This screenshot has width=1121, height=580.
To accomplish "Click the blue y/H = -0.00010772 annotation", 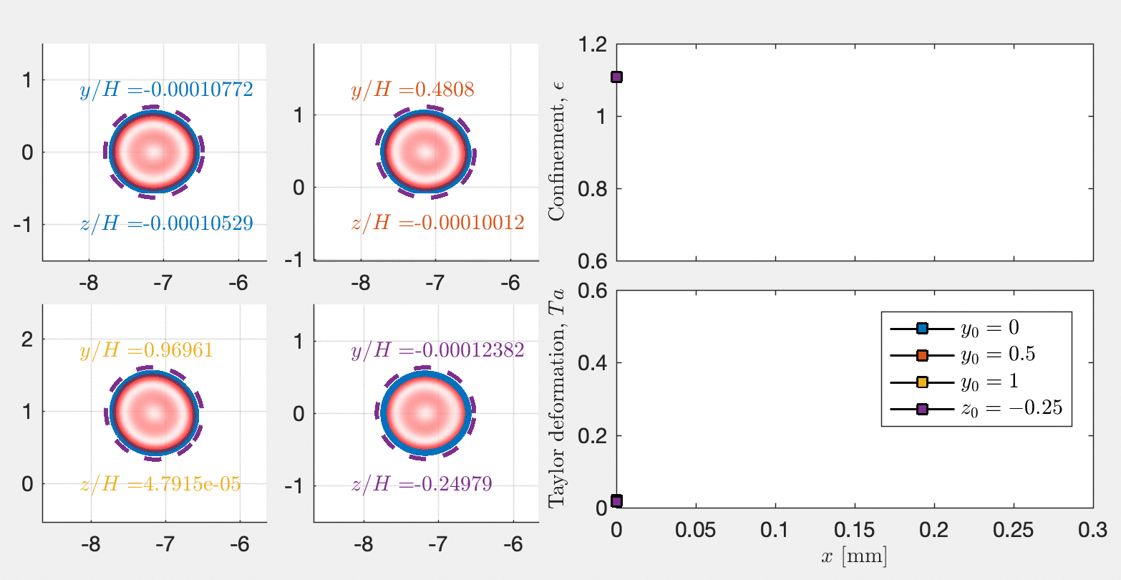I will click(x=166, y=90).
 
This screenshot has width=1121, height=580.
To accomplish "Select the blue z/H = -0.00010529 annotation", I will click(x=166, y=223).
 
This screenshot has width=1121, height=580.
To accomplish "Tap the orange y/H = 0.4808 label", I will click(x=412, y=90).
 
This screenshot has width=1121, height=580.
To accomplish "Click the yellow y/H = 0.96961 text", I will click(x=146, y=351).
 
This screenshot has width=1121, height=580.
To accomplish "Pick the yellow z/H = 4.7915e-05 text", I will click(x=160, y=485).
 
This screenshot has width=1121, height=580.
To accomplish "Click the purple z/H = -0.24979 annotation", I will click(x=422, y=485).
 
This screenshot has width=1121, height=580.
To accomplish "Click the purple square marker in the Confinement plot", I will click(x=616, y=77).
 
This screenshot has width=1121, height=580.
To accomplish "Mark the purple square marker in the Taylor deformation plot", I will click(x=616, y=501).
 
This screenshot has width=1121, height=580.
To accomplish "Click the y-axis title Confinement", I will click(x=556, y=152).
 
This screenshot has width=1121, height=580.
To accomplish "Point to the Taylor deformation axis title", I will click(x=556, y=397).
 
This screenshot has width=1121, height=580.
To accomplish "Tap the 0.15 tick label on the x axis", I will click(x=853, y=531).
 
